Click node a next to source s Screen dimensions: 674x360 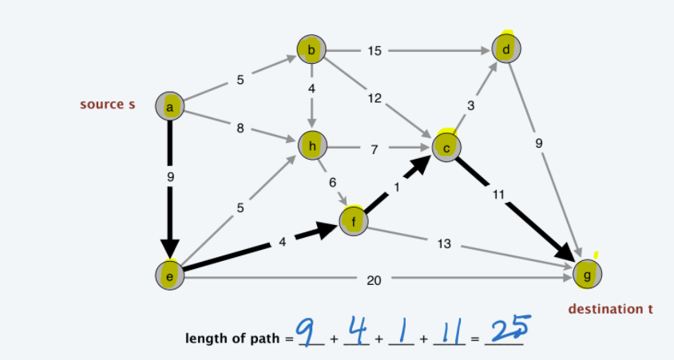coord(170,105)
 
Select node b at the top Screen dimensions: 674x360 coord(311,50)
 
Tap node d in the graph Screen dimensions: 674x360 coord(506,49)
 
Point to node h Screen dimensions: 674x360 coord(312,146)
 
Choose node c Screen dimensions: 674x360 coord(446,146)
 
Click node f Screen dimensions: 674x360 coord(355,220)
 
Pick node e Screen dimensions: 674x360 coord(169,274)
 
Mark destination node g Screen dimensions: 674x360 coord(588,274)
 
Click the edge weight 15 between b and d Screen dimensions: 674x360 coord(375,51)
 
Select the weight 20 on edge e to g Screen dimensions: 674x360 coord(374,280)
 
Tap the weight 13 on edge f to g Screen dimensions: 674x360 coord(444,243)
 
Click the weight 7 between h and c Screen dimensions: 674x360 coord(373,147)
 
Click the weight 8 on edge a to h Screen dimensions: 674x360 coord(240,128)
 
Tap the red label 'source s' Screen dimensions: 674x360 coord(107,105)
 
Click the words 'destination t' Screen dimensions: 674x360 coord(610,308)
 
